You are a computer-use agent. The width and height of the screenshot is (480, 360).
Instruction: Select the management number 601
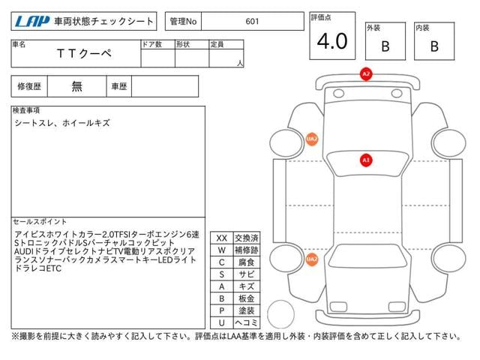coord(252,21)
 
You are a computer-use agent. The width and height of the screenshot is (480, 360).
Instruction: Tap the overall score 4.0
coord(331,41)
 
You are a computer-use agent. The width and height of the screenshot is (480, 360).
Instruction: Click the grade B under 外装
coord(385,46)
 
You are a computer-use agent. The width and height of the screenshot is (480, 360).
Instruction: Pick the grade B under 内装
coord(434,46)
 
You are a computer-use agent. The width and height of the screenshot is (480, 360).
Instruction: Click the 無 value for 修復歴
coord(76,86)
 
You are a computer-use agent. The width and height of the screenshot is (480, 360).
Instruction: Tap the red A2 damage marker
coord(366,74)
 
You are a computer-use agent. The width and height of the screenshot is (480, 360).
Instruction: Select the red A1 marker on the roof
coord(366,160)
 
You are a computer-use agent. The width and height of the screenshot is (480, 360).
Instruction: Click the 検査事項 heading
coord(27,110)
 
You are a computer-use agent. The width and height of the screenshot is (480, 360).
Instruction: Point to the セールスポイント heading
coord(40,222)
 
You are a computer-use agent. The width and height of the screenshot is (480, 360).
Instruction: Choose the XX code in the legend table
coord(221,238)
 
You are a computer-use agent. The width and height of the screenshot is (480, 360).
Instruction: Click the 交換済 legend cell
coord(246,238)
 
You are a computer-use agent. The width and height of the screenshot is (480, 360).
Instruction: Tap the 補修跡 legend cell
coord(246,250)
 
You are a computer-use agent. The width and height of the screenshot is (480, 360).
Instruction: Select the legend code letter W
coord(221,250)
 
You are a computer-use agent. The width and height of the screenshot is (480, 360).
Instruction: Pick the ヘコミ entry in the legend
coord(246,322)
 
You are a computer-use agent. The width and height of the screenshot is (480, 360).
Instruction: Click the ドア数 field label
coord(151,44)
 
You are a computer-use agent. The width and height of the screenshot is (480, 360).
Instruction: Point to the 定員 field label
coord(217,44)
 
